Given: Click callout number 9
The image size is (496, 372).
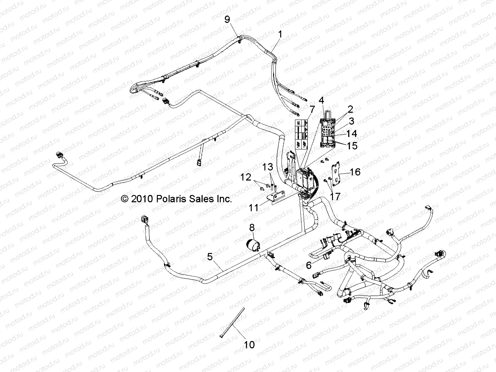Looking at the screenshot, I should [x=227, y=20].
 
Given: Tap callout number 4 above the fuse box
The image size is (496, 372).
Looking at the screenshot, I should [x=321, y=100].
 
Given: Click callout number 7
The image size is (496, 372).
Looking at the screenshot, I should [x=312, y=109].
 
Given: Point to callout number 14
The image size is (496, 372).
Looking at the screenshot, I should [x=352, y=134].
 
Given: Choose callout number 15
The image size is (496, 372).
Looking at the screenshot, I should [x=352, y=146].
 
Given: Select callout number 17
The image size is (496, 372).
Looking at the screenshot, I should [x=335, y=196].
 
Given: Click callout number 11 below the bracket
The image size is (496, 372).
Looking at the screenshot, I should [x=254, y=207].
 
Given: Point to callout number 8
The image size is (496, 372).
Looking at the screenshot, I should [x=260, y=228].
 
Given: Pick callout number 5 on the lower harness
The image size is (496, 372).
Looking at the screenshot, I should [x=210, y=257].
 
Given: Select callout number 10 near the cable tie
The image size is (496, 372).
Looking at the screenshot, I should [x=249, y=344].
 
